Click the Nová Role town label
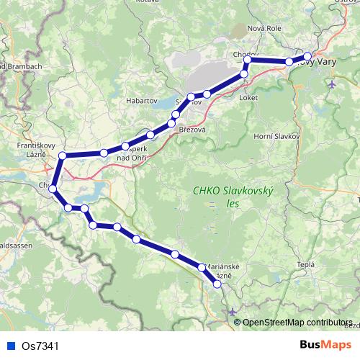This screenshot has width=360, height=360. [x=264, y=28]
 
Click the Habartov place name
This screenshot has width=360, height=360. [x=142, y=102]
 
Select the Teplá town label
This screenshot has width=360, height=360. [x=306, y=264]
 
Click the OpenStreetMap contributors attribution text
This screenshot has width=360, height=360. [x=297, y=322]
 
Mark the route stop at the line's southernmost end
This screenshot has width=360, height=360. [x=217, y=284]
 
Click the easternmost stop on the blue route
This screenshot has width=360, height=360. [x=307, y=56]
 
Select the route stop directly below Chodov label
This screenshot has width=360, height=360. [x=246, y=60]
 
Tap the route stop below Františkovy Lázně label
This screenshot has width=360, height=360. [x=63, y=156]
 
